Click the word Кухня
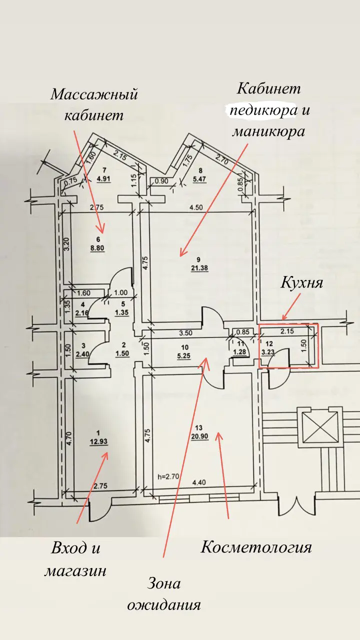point(302,283)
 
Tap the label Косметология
point(256,547)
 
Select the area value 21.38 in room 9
point(199,268)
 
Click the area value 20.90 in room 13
point(199,436)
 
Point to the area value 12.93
point(98,441)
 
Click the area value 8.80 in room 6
point(97,248)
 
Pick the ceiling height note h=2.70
point(168,476)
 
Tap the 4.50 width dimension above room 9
point(196,207)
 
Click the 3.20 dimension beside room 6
point(66,245)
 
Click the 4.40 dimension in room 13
point(199,482)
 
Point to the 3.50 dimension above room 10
point(185,333)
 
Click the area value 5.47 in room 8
point(199,179)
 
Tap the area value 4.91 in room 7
point(103,179)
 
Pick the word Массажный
point(94,95)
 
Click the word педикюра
point(263,111)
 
